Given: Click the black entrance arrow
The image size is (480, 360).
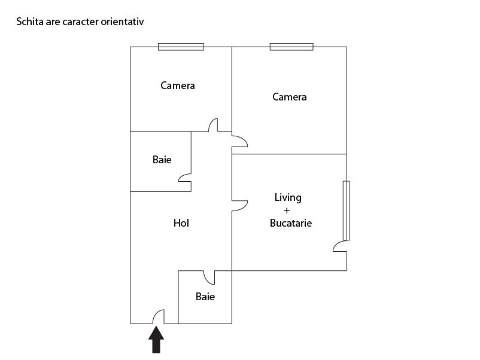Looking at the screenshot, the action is [156, 340].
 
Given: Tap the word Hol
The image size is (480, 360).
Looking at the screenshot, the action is [181, 223].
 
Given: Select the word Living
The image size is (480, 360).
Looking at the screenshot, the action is [288, 198].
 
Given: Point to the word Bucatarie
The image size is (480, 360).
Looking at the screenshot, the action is [291, 223].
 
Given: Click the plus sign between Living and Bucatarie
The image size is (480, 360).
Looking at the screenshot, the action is [287, 210].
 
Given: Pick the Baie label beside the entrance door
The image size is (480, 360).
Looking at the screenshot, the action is [205, 297].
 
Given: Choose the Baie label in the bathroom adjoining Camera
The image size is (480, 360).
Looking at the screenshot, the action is [162, 159].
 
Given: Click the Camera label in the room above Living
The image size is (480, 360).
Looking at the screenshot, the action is [290, 97].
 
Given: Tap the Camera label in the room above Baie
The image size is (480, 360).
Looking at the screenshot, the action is [178, 86].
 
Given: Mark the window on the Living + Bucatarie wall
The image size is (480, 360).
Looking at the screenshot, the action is [346, 210].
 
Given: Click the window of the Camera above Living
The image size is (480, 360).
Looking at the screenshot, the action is [291, 47].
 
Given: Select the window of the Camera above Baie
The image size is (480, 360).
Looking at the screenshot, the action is [181, 47].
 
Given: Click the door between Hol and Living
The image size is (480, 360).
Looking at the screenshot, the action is [239, 206].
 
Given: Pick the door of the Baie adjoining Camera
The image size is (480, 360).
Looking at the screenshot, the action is [185, 178].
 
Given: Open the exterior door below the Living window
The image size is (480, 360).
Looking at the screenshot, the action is [340, 246].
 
